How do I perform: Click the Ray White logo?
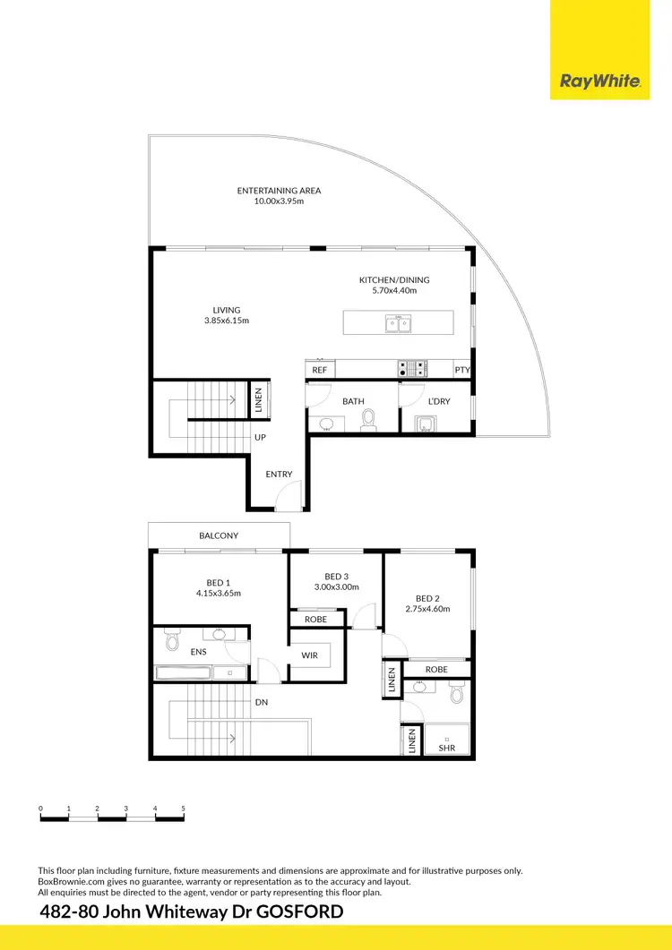pyautogui.click(x=599, y=81)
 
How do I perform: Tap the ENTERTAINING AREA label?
pyautogui.click(x=279, y=191)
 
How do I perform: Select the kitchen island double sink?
pyautogui.click(x=399, y=323)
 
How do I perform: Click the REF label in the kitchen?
pyautogui.click(x=319, y=370)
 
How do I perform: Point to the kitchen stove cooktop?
pyautogui.click(x=412, y=368)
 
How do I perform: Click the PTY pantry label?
pyautogui.click(x=462, y=370)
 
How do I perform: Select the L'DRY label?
pyautogui.click(x=438, y=401)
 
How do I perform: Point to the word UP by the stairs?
pyautogui.click(x=260, y=438)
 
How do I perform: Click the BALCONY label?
pyautogui.click(x=219, y=535)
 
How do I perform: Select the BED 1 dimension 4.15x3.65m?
pyautogui.click(x=218, y=593)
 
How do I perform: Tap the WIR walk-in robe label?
pyautogui.click(x=309, y=655)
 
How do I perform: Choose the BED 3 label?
pyautogui.click(x=336, y=576)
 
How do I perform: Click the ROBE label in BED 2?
pyautogui.click(x=436, y=669)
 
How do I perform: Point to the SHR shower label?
pyautogui.click(x=445, y=748)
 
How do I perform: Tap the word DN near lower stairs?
pyautogui.click(x=262, y=703)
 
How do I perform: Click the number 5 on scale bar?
pyautogui.click(x=184, y=809)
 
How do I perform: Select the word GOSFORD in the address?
pyautogui.click(x=297, y=912)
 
